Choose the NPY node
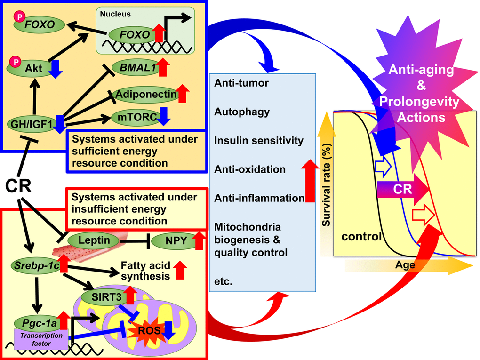(x=169, y=241)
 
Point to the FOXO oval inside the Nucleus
(x=135, y=34)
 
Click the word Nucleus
(x=115, y=14)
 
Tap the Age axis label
(x=405, y=265)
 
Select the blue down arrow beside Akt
(x=55, y=68)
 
